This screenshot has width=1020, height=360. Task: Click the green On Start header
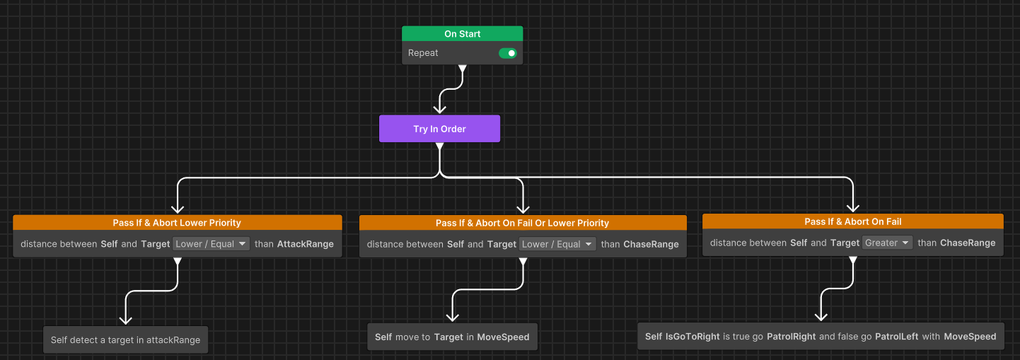(x=462, y=34)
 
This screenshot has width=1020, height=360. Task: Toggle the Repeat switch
(x=508, y=53)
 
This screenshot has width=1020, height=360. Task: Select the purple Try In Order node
(x=439, y=129)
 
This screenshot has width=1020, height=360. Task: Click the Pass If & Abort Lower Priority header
(x=177, y=223)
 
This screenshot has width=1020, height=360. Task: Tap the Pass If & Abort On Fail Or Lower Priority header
(x=523, y=223)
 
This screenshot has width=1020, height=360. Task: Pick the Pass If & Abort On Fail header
(x=853, y=221)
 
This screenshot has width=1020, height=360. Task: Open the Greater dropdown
(x=886, y=243)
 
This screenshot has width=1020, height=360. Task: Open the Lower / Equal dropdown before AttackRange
(x=211, y=244)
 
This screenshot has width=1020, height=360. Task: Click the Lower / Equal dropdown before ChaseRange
(x=557, y=245)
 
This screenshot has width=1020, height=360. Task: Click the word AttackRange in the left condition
(x=306, y=244)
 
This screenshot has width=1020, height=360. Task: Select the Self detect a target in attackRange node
(x=126, y=340)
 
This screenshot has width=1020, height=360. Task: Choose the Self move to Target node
(x=452, y=337)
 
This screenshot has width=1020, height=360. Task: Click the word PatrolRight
(x=792, y=337)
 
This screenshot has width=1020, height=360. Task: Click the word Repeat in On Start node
(x=423, y=53)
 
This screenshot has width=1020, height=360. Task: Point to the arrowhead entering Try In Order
(x=439, y=108)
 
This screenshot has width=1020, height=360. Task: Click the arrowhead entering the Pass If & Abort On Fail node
(x=853, y=207)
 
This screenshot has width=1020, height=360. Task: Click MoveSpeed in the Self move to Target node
(x=503, y=337)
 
